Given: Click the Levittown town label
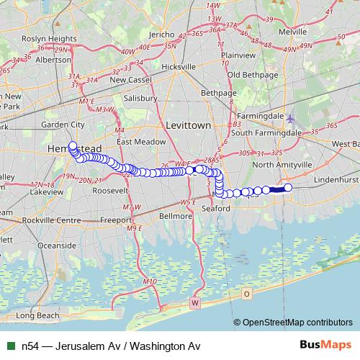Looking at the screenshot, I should pos(188,125).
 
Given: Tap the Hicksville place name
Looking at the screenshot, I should pos(179,66).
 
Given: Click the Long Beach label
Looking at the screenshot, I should pos(37,315).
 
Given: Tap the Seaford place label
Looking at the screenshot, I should pos(215,208).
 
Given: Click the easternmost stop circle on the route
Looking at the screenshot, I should pos(288,188).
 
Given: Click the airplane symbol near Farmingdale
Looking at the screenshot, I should pos(289,119).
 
